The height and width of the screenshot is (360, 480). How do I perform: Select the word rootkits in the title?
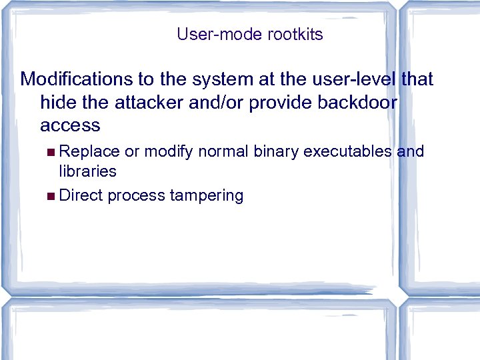click(295, 35)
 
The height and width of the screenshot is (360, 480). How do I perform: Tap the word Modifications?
click(77, 79)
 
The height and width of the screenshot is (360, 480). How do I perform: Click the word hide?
click(57, 103)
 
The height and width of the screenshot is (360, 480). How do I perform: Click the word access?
click(70, 125)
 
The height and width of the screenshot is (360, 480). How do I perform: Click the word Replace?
click(89, 151)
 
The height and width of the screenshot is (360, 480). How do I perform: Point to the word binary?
click(276, 151)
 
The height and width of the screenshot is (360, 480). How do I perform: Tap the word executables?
click(347, 151)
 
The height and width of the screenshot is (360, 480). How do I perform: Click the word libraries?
click(87, 171)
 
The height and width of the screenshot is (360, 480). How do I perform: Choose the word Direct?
click(81, 195)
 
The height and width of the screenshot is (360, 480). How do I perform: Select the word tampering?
click(207, 196)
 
